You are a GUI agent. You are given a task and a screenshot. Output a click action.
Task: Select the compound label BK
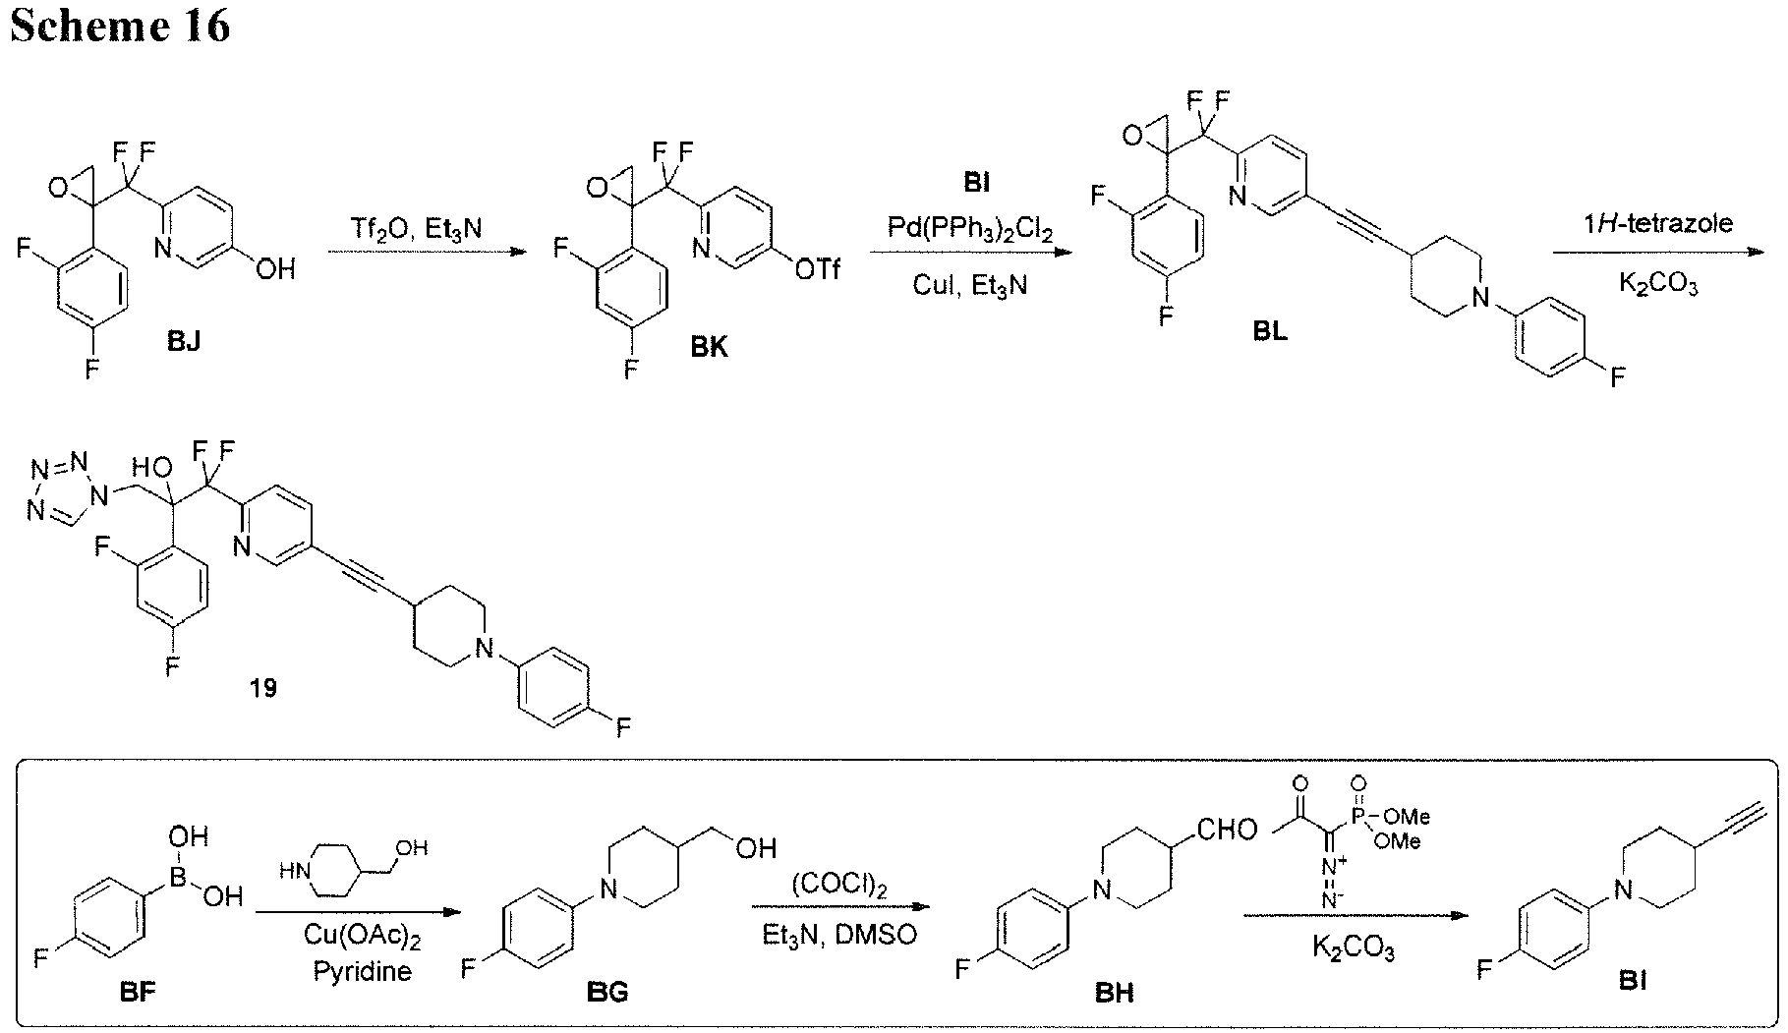point(710,347)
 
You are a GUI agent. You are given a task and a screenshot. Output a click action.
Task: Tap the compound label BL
point(1269,331)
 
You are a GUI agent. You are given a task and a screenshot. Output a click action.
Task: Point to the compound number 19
point(262,688)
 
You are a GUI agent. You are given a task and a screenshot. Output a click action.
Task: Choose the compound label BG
point(607,992)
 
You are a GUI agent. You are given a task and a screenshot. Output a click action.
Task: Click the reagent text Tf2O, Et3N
point(417,228)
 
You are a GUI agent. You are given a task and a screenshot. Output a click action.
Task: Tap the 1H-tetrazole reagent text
point(1657,222)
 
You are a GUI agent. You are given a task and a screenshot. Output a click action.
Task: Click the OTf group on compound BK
point(818,267)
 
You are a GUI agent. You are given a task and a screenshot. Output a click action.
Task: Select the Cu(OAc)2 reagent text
point(363,941)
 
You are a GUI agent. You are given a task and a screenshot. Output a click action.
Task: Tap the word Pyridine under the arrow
point(363,972)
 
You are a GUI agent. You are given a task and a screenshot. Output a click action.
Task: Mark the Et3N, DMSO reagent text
point(839,934)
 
